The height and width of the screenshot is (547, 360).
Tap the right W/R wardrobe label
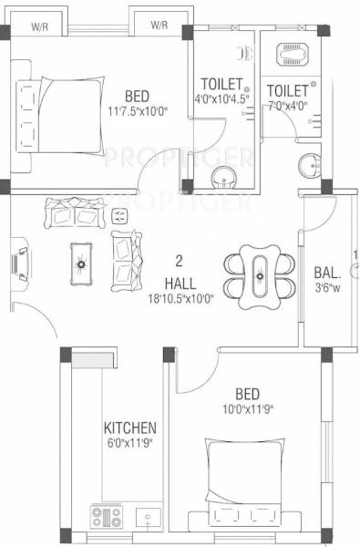pos(159,24)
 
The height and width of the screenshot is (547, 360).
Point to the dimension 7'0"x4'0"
pos(285,106)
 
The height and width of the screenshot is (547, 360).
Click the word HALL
pos(179,283)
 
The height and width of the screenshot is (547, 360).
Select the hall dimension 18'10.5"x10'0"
pos(180,298)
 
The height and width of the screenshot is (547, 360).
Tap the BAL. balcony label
pos(327,271)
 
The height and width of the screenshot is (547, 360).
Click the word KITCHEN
pos(129,427)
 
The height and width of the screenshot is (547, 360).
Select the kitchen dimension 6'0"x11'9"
pos(129,443)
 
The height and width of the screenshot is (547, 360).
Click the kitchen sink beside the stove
pos(149,518)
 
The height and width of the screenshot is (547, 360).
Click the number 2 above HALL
pos(179,258)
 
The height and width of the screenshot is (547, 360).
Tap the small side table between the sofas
pos(118,215)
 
